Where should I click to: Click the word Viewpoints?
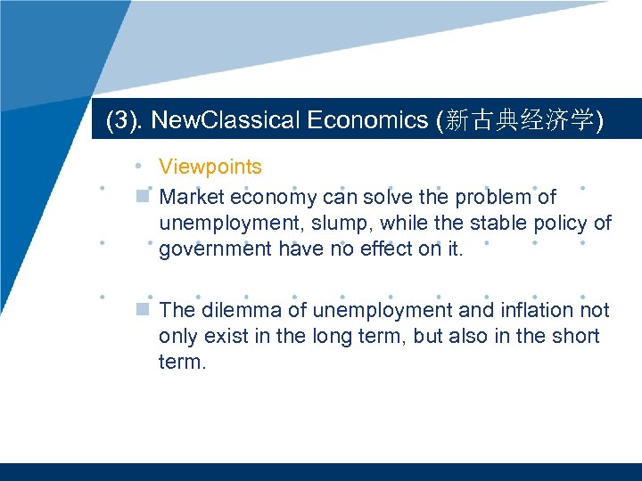[x=210, y=167]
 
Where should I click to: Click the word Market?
[x=191, y=196]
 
